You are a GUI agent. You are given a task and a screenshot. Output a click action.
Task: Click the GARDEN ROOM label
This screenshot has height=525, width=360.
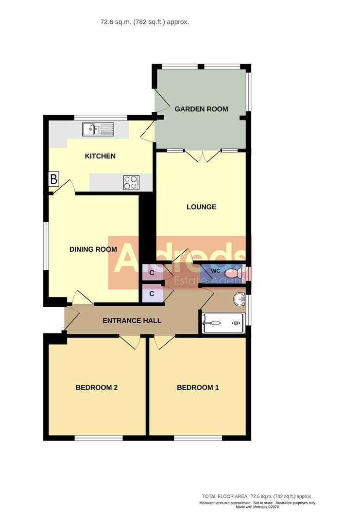click(201, 109)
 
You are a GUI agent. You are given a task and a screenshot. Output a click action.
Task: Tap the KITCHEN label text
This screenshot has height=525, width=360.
click(100, 156)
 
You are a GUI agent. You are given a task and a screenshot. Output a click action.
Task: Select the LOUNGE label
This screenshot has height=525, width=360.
click(201, 207)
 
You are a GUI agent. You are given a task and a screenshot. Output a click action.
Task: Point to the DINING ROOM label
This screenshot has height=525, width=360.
click(93, 249)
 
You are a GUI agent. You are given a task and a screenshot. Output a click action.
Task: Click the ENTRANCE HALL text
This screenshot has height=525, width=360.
click(132, 321)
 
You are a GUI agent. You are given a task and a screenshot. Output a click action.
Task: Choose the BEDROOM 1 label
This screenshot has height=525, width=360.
click(198, 387)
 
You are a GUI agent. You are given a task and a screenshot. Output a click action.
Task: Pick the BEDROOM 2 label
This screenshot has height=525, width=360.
click(97, 387)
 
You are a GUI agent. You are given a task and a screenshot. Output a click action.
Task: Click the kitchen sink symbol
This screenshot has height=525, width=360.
click(98, 129)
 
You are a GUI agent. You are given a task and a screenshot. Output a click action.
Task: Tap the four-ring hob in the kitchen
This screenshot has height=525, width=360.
click(131, 182)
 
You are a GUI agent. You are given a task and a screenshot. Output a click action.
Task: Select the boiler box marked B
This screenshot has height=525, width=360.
click(53, 179)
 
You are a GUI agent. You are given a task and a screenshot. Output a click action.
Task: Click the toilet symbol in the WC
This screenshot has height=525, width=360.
click(235, 273)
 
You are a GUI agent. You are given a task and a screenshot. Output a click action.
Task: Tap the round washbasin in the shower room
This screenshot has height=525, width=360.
click(239, 299)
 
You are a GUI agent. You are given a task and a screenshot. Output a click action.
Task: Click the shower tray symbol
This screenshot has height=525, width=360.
click(223, 323)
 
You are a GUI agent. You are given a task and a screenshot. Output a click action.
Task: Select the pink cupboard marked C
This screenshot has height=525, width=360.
click(152, 273)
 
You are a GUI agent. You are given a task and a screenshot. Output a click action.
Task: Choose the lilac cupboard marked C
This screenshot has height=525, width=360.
click(152, 294)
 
